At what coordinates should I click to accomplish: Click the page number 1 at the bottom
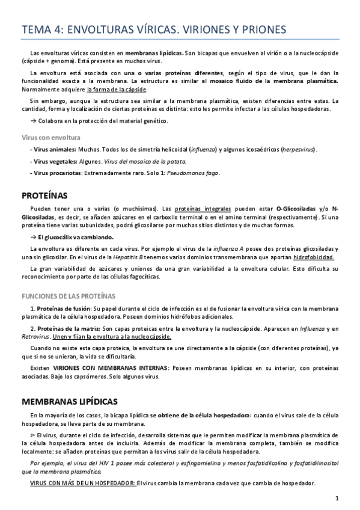tap(338, 498)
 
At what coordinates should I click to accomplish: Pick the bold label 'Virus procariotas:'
tap(58, 173)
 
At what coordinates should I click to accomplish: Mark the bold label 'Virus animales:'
tap(54, 149)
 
